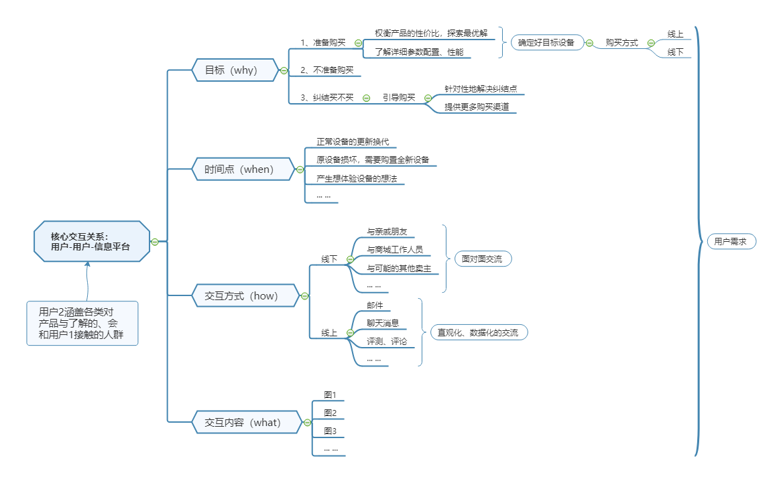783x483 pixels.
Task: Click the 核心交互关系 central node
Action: click(91, 241)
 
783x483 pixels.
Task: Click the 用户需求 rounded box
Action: click(731, 241)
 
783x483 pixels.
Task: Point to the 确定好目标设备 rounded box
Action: click(547, 43)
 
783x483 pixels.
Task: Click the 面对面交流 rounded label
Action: click(482, 259)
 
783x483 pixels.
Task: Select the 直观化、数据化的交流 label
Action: click(478, 332)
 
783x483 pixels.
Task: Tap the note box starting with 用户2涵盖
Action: click(82, 323)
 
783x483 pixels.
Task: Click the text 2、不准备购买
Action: click(326, 70)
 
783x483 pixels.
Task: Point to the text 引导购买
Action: click(399, 97)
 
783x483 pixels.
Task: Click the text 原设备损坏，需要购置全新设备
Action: click(373, 160)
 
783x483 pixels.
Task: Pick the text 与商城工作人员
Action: click(395, 250)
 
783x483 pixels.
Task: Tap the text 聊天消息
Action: click(383, 323)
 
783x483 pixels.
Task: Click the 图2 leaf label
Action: click(330, 413)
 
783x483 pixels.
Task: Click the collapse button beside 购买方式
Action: click(651, 43)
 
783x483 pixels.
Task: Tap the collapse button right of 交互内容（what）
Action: click(307, 423)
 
